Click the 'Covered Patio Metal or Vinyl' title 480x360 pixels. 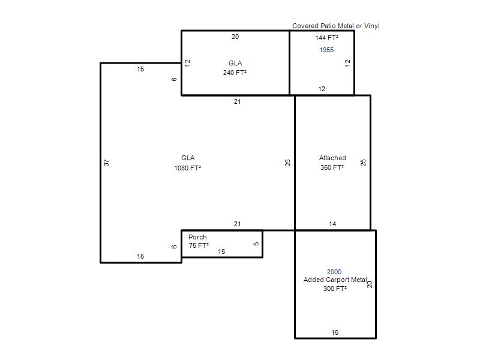pyautogui.click(x=336, y=26)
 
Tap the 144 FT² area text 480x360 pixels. pyautogui.click(x=326, y=38)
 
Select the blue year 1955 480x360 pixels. pyautogui.click(x=326, y=50)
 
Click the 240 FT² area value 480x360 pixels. pyautogui.click(x=235, y=73)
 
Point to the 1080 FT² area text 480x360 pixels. pyautogui.click(x=187, y=168)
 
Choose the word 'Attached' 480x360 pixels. pyautogui.click(x=332, y=158)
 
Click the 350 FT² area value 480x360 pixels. pyautogui.click(x=332, y=167)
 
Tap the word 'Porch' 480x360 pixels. pyautogui.click(x=197, y=237)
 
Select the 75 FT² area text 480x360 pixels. pyautogui.click(x=199, y=245)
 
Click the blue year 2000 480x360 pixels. pyautogui.click(x=334, y=272)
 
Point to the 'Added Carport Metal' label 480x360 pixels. pyautogui.click(x=335, y=280)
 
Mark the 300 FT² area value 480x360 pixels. pyautogui.click(x=335, y=289)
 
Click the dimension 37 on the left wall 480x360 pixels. pyautogui.click(x=106, y=163)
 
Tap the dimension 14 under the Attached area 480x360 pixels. pyautogui.click(x=332, y=224)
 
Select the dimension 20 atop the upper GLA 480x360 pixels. pyautogui.click(x=235, y=37)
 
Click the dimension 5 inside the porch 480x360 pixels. pyautogui.click(x=256, y=244)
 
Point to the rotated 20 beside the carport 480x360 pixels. pyautogui.click(x=370, y=284)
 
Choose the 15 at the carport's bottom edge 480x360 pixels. pyautogui.click(x=335, y=332)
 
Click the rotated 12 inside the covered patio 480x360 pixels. pyautogui.click(x=347, y=63)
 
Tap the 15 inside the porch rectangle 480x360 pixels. pyautogui.click(x=221, y=251)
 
